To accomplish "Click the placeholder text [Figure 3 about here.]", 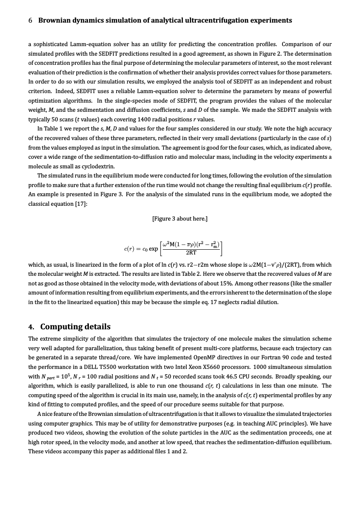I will pos(180,218).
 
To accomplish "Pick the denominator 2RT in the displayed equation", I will pos(191,252).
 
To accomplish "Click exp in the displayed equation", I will pos(153,249).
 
